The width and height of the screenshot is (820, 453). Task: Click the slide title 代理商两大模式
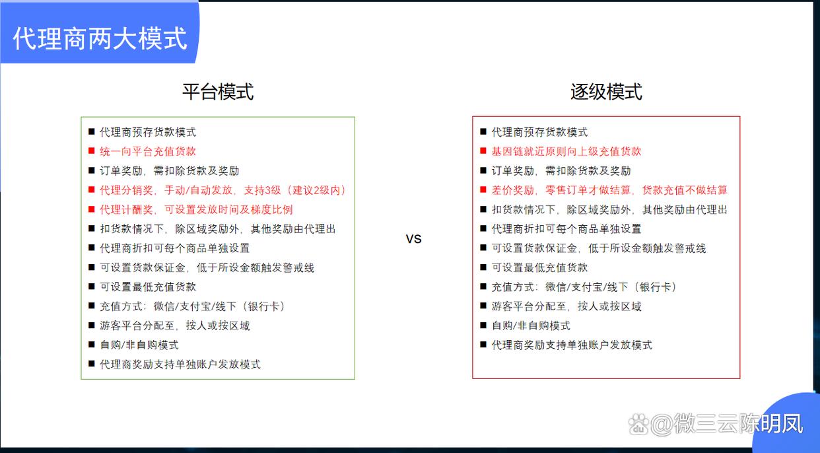click(100, 38)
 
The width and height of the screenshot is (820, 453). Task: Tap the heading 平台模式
click(218, 92)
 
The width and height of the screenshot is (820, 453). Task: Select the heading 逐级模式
click(606, 92)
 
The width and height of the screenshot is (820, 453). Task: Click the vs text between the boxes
click(413, 238)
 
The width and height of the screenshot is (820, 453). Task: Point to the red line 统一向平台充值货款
click(148, 151)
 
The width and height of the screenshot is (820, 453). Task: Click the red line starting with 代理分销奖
click(223, 190)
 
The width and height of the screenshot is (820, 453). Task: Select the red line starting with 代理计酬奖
click(196, 209)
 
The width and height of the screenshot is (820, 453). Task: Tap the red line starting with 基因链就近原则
click(566, 151)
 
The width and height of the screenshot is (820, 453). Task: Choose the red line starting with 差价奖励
click(609, 190)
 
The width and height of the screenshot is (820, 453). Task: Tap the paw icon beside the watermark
click(638, 424)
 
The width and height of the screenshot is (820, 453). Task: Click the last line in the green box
click(180, 365)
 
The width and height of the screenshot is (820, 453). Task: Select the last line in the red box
click(572, 345)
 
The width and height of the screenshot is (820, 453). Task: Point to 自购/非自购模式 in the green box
click(139, 345)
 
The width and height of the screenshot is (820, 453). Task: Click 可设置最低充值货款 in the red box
click(539, 267)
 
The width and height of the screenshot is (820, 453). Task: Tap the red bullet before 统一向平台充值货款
click(91, 151)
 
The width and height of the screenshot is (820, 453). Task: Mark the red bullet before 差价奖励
click(483, 190)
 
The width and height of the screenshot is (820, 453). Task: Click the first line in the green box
click(148, 132)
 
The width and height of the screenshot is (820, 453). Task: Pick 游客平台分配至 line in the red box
click(566, 306)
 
